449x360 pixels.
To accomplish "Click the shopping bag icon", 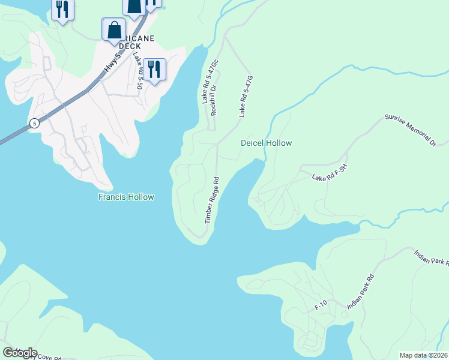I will point(114,29).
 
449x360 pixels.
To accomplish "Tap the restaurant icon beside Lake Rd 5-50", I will point(155,70).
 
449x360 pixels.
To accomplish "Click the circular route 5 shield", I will point(35,123).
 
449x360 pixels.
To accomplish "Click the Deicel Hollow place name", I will point(266,143).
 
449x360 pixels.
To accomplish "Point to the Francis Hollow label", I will point(126,197).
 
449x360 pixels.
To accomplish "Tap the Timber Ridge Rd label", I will point(212,200).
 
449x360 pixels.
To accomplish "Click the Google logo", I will point(19,352).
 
